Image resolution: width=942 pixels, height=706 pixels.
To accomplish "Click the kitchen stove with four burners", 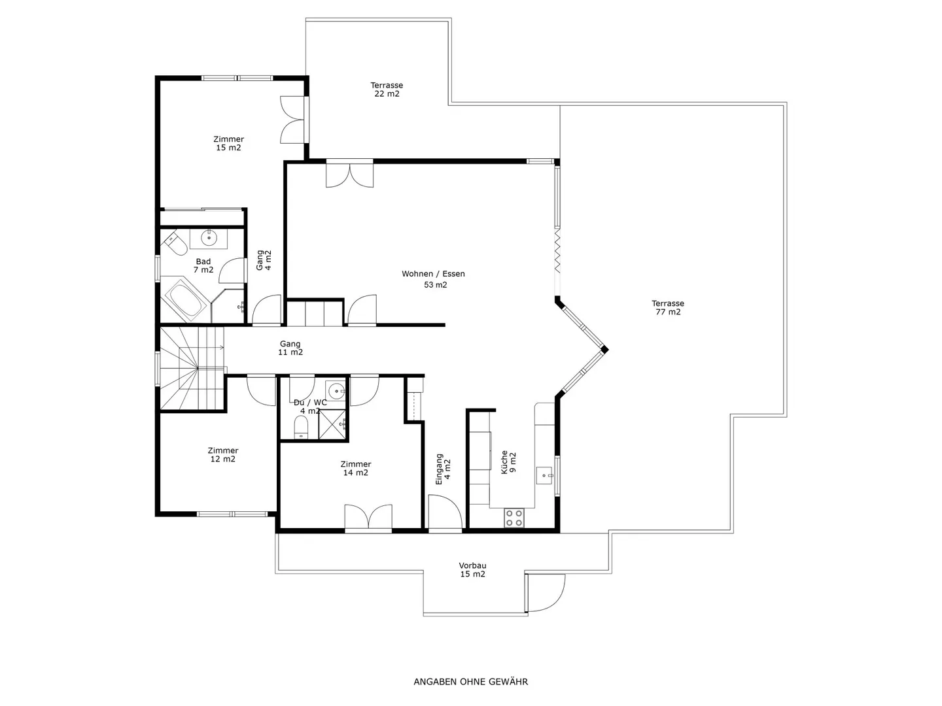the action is (x=514, y=517).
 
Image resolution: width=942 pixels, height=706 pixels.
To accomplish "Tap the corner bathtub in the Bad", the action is (x=185, y=299).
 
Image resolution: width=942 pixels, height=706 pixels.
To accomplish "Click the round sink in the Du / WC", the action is (x=336, y=391).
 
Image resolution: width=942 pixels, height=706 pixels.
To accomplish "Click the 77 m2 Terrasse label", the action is (x=668, y=307).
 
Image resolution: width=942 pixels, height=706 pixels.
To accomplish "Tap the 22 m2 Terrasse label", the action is (x=387, y=89).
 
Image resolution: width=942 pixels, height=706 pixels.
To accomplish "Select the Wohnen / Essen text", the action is (x=433, y=273).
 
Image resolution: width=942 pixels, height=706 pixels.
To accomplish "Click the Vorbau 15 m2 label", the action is (x=472, y=569).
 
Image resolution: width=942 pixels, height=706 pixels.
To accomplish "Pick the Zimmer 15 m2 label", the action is (x=228, y=143).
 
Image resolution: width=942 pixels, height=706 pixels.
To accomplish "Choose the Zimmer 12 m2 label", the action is (x=222, y=454).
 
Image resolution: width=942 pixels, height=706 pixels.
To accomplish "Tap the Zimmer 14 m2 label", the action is (x=356, y=468).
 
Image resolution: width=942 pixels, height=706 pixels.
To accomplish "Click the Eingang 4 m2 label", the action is (x=444, y=469).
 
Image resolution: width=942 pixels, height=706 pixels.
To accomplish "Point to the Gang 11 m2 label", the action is (x=290, y=348).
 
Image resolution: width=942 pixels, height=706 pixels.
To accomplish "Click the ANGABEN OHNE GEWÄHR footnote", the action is (x=471, y=682).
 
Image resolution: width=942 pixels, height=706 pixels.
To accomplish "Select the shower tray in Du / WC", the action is (x=332, y=424).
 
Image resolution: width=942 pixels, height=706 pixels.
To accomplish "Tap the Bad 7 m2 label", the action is (x=203, y=265).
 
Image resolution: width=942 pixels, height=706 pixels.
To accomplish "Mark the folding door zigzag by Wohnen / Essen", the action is (x=557, y=250).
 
